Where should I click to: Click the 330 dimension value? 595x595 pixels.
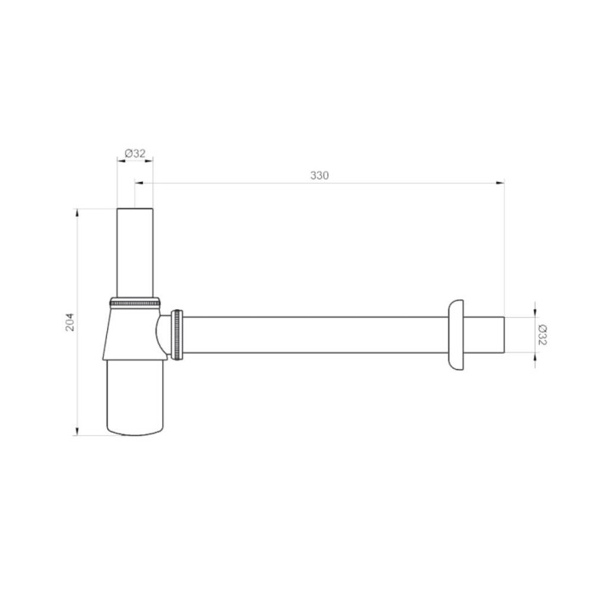320,175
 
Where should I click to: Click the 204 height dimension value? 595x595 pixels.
70,322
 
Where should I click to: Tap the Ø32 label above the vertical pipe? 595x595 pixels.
135,153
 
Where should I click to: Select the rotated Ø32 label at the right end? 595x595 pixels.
542,335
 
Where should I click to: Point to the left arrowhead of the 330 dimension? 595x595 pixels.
139,183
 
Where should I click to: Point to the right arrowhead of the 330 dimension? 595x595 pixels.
501,183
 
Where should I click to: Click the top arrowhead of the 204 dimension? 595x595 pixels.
77,212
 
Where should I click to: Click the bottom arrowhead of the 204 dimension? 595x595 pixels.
77,431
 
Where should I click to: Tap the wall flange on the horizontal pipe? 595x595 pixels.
456,335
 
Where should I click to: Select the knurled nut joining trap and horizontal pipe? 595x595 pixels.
177,335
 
